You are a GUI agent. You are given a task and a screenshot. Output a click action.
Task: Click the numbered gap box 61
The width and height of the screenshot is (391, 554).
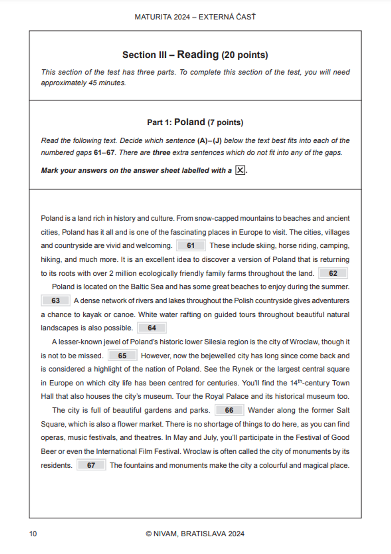(191, 246)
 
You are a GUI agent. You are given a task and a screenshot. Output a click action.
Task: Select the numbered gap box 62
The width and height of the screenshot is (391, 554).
(333, 273)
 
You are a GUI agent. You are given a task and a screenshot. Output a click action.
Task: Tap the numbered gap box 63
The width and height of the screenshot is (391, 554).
(56, 300)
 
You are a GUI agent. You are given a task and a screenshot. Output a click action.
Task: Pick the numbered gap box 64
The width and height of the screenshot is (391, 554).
(152, 328)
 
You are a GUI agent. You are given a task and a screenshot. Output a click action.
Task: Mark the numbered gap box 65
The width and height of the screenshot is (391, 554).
(122, 356)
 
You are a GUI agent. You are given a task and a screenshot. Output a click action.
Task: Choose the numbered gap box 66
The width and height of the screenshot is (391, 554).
(229, 410)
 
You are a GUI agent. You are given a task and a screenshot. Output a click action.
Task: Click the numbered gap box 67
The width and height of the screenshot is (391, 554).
(91, 465)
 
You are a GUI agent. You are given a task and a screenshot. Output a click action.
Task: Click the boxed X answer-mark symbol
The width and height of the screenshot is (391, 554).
(240, 170)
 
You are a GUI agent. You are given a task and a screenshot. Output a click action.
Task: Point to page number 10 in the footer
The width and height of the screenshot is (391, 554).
(33, 534)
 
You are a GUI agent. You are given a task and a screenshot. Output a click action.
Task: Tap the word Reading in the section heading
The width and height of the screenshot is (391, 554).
(198, 54)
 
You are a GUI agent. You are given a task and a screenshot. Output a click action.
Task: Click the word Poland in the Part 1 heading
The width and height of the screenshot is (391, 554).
(190, 122)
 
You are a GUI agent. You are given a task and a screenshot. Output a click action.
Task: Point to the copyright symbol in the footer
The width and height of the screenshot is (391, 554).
(149, 534)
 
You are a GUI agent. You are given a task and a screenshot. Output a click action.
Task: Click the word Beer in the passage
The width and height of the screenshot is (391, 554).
(48, 451)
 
